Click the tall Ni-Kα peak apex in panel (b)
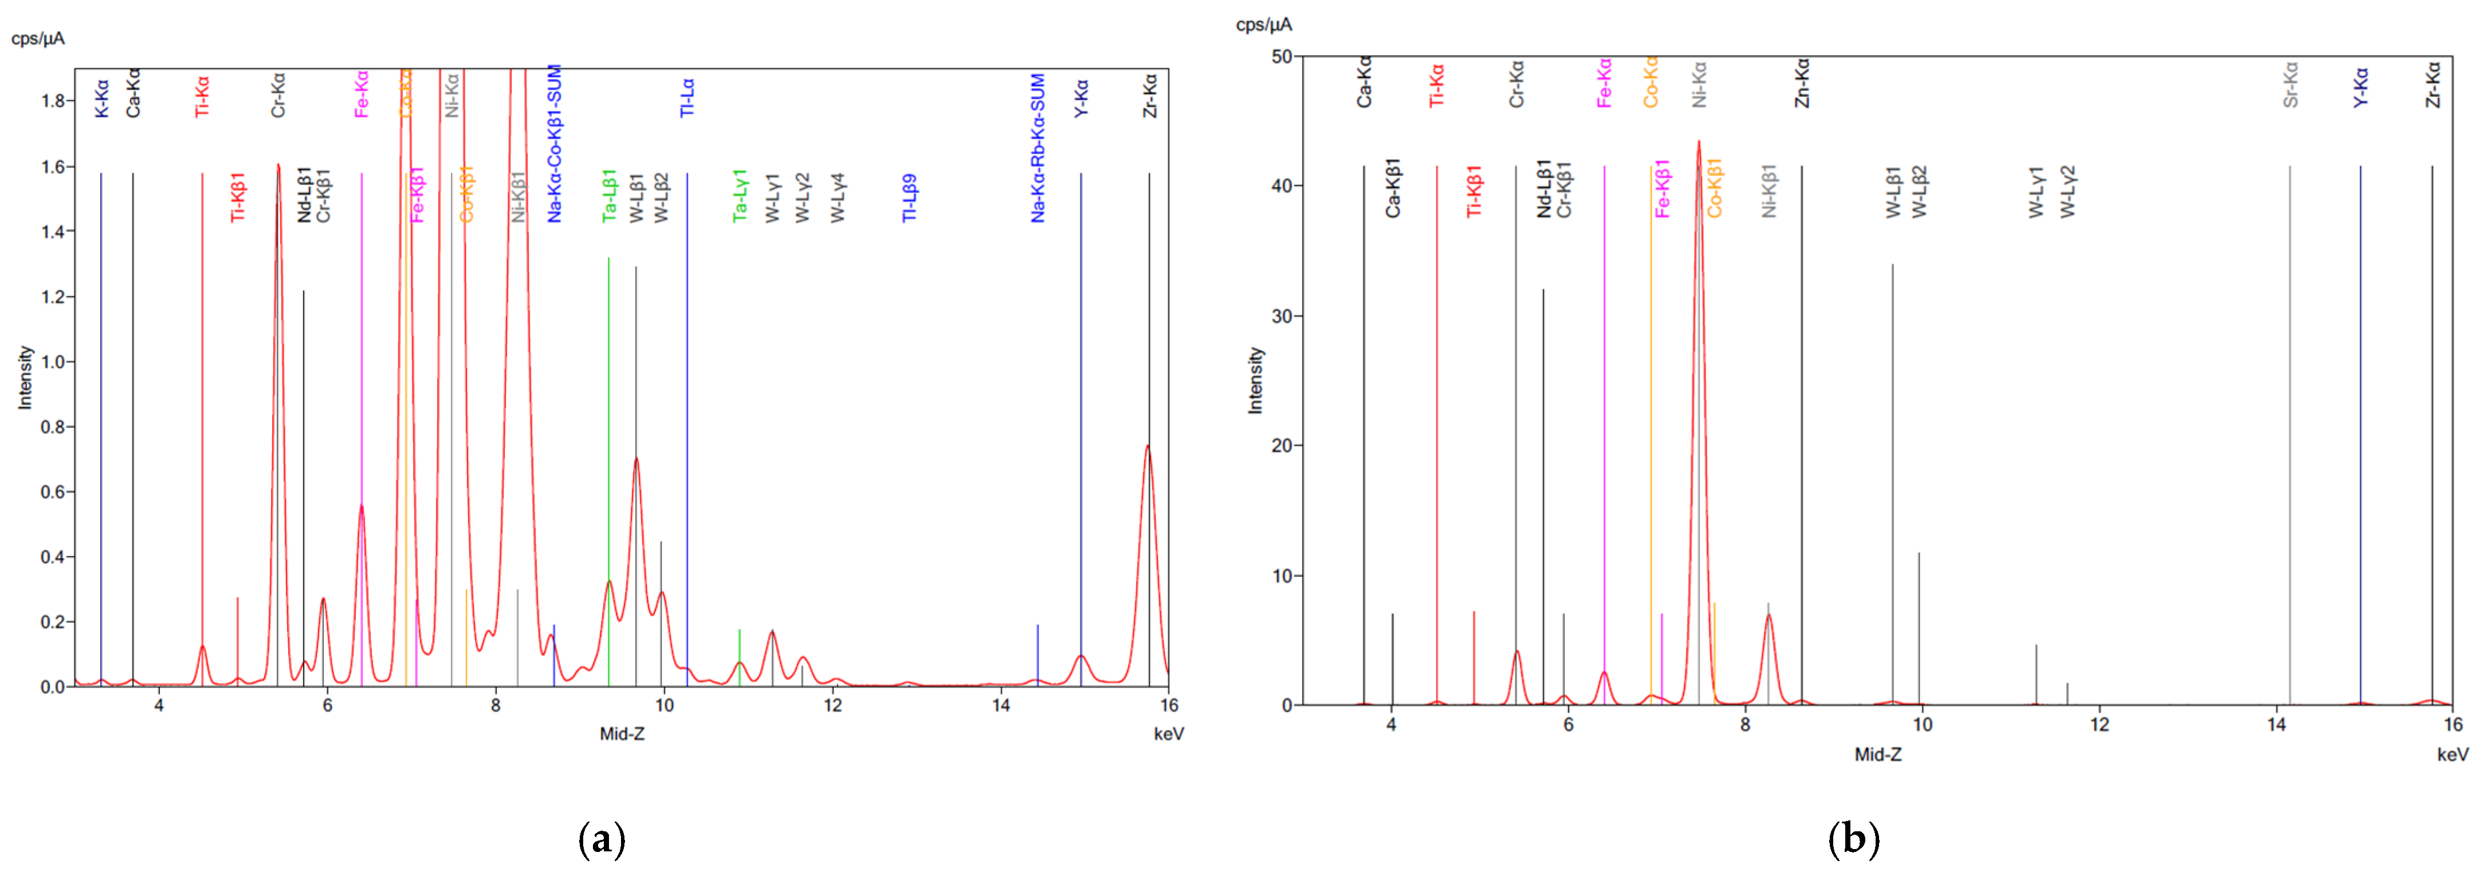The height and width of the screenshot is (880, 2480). click(1698, 143)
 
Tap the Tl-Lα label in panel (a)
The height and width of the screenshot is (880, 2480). click(687, 97)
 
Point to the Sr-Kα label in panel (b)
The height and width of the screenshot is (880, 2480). click(2290, 85)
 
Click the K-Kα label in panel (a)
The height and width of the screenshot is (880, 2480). click(101, 98)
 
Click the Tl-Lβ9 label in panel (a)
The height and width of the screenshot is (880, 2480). click(909, 198)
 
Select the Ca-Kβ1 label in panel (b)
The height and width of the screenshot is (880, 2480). click(1392, 188)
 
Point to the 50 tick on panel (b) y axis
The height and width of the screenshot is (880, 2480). click(1282, 57)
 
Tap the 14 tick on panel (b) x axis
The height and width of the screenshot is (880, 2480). click(2276, 725)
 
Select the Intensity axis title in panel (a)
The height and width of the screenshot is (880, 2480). click(25, 378)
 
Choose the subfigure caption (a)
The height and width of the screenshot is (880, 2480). click(602, 839)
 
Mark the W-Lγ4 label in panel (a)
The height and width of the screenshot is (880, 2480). click(838, 198)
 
